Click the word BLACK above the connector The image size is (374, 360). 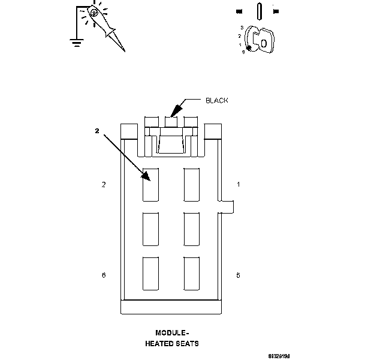(x=216, y=101)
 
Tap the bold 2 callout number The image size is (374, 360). (x=96, y=130)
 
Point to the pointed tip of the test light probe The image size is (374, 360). (x=123, y=50)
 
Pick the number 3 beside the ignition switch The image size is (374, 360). (x=241, y=28)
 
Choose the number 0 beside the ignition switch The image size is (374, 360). (x=243, y=52)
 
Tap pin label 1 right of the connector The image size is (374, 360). (x=239, y=184)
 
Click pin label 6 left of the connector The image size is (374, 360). (x=104, y=275)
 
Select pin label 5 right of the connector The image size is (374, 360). (x=239, y=275)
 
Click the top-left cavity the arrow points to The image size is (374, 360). (x=150, y=184)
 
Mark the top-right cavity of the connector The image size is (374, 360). (x=191, y=184)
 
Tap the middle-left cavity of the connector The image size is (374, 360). (x=150, y=228)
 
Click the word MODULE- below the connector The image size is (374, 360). (x=172, y=332)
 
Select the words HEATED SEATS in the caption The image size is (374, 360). (x=172, y=344)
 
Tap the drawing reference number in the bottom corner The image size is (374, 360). (x=279, y=355)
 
